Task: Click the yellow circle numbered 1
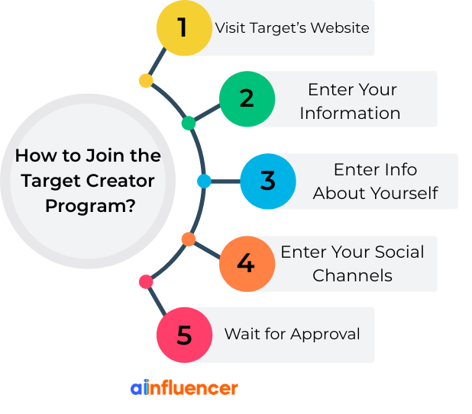pos(184,28)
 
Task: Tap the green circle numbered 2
pos(247,99)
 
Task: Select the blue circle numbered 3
pos(267,181)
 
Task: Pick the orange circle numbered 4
pos(246,264)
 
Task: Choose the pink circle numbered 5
pos(184,335)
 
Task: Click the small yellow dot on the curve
pos(146,80)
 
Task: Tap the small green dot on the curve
pos(189,123)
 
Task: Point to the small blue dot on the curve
pos(204,181)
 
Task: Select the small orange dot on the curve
pos(189,239)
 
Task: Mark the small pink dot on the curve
pos(146,282)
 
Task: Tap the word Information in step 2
pos(350,113)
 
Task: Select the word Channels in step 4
pos(352,275)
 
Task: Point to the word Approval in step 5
pos(326,334)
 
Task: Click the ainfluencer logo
pos(184,387)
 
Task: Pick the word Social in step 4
pos(395,252)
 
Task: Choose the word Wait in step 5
pos(238,334)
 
